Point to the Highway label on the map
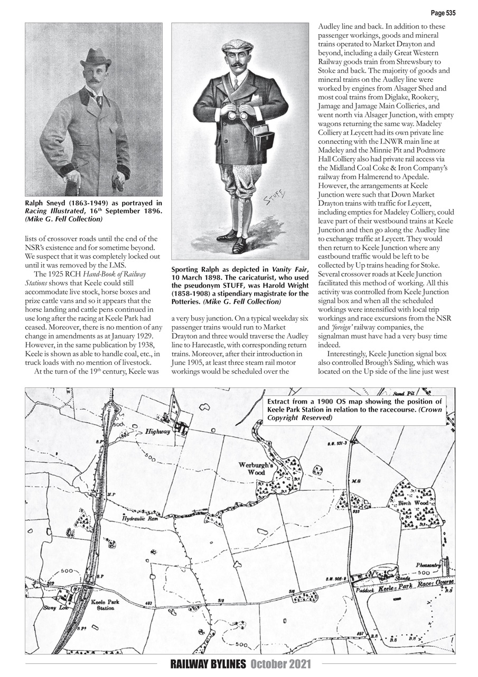tap(157, 432)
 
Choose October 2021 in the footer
tap(280, 664)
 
